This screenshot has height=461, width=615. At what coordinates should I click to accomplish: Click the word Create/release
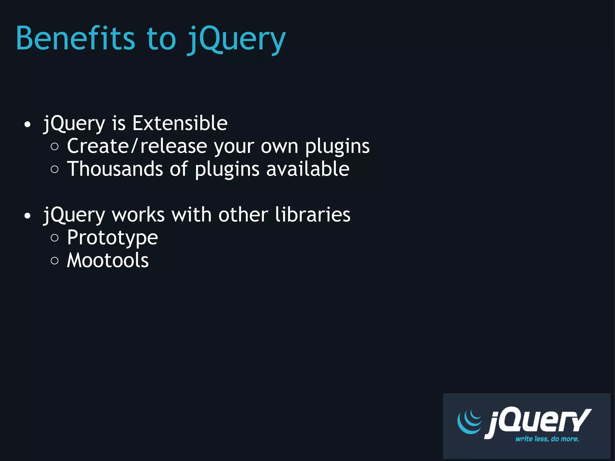[137, 146]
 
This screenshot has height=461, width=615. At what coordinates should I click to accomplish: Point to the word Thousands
[115, 169]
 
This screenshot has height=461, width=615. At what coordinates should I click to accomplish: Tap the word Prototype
[112, 238]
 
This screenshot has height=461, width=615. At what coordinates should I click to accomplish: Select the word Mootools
[108, 260]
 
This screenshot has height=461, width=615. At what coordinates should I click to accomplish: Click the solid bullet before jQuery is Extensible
[27, 125]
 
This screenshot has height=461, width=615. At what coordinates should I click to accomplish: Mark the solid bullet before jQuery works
[27, 216]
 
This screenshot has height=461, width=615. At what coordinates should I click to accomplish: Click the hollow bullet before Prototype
[55, 238]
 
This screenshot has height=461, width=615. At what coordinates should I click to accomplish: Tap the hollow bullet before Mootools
[55, 261]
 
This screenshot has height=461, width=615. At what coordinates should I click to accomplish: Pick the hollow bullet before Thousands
[55, 169]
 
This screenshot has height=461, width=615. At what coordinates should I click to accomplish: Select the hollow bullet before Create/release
[55, 147]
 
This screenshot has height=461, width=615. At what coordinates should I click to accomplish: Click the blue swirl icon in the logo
[469, 421]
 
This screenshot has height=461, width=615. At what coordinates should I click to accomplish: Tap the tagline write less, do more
[547, 439]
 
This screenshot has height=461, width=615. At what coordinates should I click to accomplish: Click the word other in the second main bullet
[243, 215]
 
